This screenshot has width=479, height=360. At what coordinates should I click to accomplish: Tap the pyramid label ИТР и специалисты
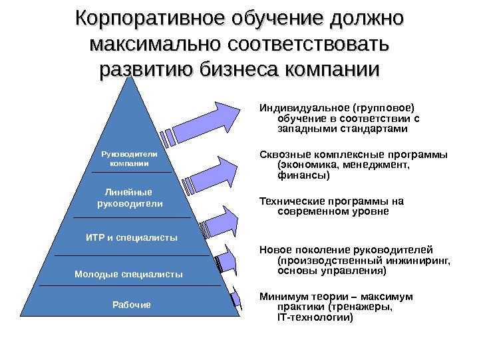coord(132,237)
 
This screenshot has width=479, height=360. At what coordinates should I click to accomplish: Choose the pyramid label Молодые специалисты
coord(128,274)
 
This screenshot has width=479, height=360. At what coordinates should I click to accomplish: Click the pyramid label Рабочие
coord(132,305)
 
